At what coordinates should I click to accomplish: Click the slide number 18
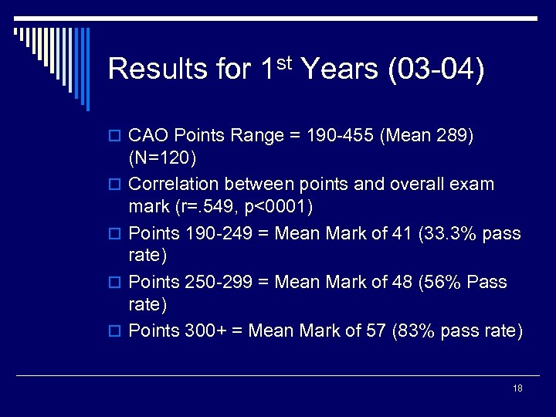click(x=517, y=388)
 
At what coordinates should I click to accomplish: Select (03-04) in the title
click(x=437, y=69)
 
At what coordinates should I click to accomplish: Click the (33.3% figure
click(x=444, y=233)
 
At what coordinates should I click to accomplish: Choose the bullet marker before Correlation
click(x=117, y=185)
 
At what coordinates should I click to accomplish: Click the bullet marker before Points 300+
click(x=117, y=331)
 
